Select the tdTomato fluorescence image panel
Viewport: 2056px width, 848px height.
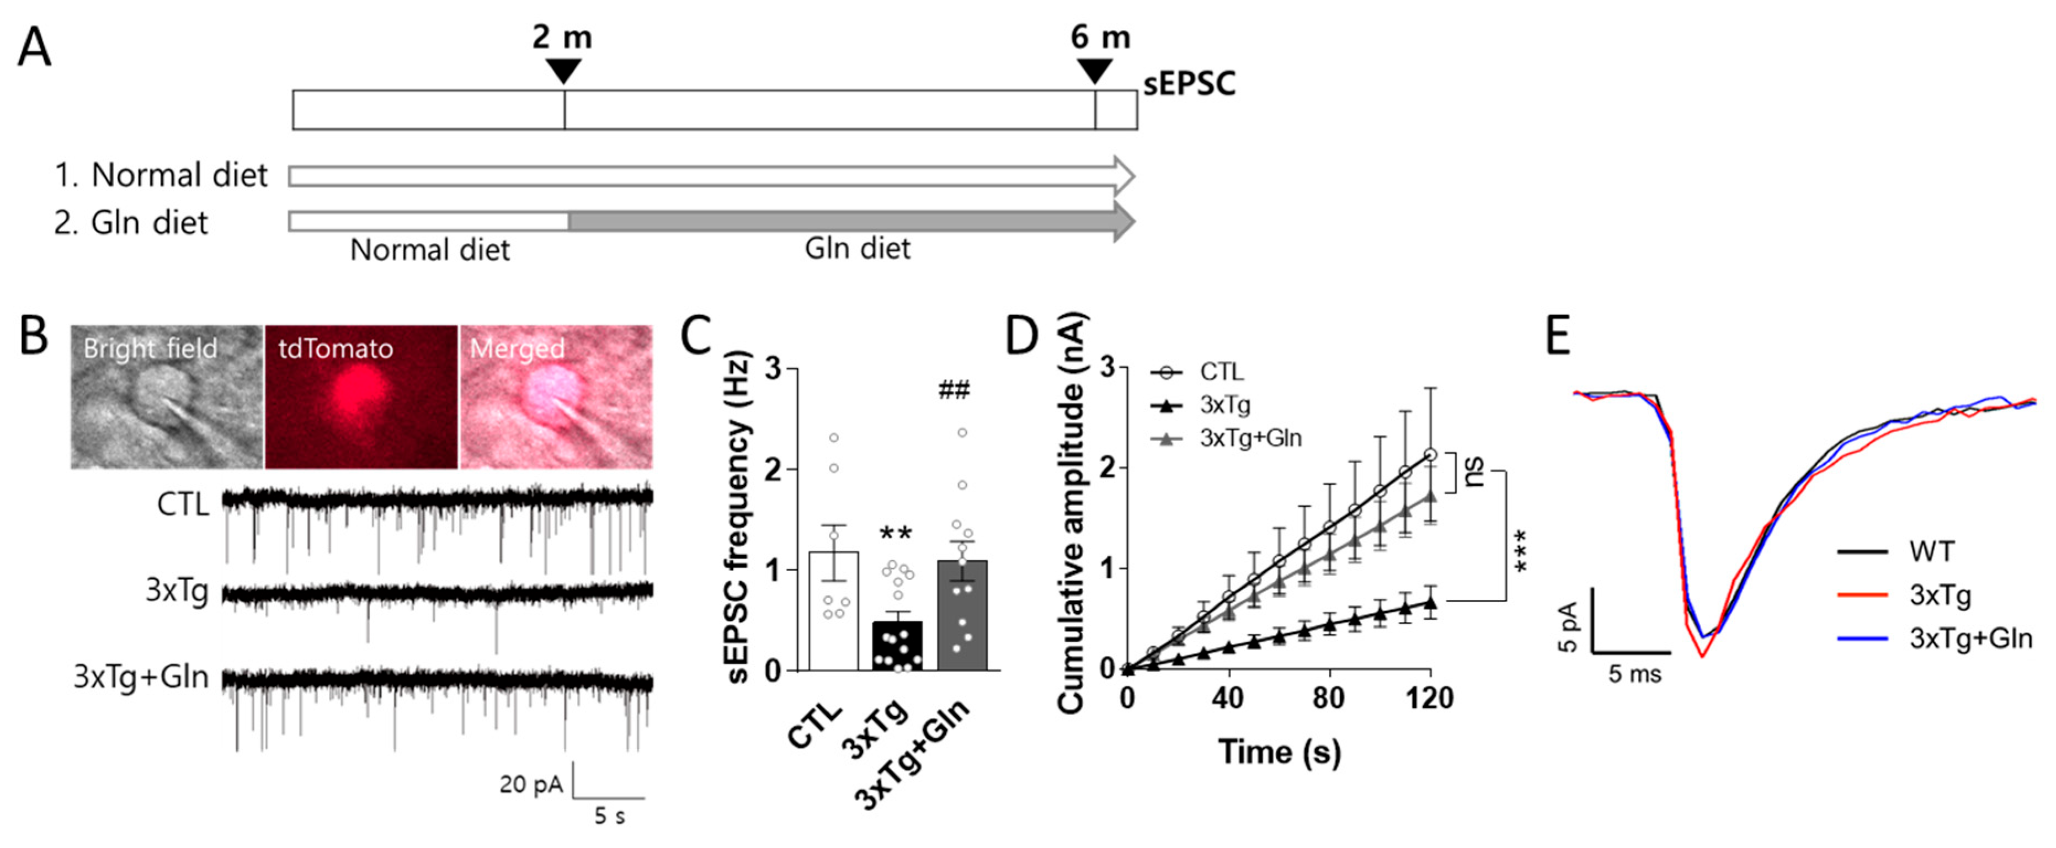[361, 396]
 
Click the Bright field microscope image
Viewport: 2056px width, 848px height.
[166, 396]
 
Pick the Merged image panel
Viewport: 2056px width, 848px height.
[556, 396]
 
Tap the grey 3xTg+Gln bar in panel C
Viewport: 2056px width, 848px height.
[962, 614]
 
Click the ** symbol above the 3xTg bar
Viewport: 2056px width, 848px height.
[896, 533]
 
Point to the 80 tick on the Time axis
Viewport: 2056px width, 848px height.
[1328, 698]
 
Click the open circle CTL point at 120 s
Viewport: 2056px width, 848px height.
[1430, 455]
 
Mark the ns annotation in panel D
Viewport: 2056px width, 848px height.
[1473, 473]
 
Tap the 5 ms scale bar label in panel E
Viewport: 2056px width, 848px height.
[1634, 674]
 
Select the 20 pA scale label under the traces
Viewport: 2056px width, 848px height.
[531, 784]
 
